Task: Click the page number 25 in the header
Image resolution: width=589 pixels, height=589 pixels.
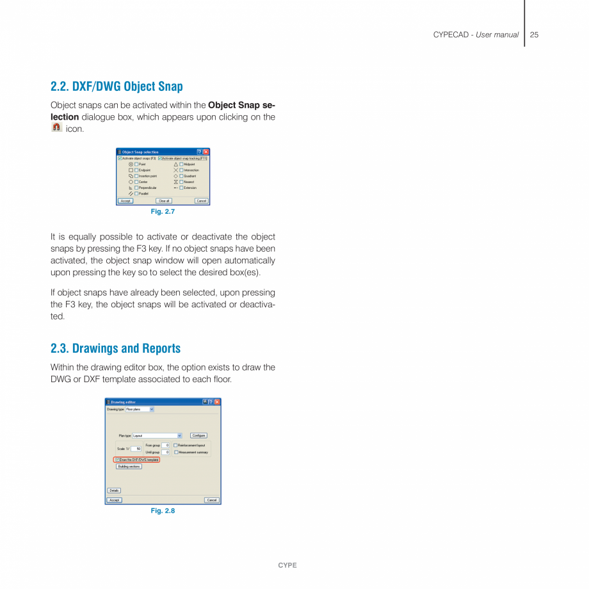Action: click(x=534, y=35)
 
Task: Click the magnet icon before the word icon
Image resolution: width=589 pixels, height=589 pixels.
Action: click(x=56, y=128)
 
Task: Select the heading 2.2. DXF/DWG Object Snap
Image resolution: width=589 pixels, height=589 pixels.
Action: click(x=117, y=86)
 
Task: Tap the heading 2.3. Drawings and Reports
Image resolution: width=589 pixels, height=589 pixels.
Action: click(x=115, y=349)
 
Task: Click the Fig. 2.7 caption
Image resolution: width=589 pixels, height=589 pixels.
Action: click(x=163, y=211)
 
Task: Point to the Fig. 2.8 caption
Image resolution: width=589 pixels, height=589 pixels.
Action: click(x=163, y=510)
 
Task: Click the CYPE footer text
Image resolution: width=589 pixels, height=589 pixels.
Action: click(x=287, y=565)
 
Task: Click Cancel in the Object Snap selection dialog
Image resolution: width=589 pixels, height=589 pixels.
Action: click(x=201, y=201)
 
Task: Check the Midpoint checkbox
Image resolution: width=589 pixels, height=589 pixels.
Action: click(x=181, y=165)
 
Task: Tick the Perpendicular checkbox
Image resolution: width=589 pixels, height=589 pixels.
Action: click(x=136, y=188)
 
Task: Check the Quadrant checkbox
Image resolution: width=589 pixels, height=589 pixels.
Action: click(x=181, y=176)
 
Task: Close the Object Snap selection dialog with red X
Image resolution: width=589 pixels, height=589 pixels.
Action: click(x=206, y=152)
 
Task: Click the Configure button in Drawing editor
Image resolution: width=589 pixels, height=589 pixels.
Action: click(x=198, y=435)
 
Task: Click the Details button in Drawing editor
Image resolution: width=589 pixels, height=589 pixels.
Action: click(x=113, y=490)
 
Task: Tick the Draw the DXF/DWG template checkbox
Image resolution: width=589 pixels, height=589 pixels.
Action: click(x=117, y=460)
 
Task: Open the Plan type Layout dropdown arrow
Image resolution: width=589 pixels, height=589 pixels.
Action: click(x=179, y=435)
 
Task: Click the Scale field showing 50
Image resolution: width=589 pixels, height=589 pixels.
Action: click(x=136, y=449)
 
